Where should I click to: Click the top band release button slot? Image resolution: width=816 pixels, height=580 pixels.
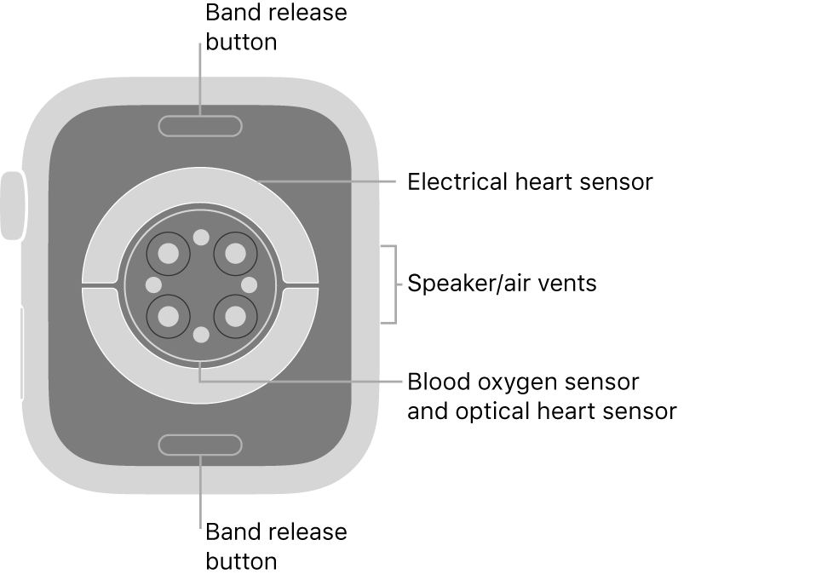200,126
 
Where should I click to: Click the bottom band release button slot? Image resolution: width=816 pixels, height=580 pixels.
200,445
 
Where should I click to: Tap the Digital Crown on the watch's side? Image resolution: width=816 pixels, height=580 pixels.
13,205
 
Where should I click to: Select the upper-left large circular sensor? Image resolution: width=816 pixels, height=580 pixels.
169,252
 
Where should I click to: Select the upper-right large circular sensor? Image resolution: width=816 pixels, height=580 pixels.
234,252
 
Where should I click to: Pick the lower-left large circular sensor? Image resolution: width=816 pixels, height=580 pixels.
169,317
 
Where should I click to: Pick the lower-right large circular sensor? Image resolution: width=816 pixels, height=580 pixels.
234,317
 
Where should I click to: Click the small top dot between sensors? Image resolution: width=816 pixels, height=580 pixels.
201,237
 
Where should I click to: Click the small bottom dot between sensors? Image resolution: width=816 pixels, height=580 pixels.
201,335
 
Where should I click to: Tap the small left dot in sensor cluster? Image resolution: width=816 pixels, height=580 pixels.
153,284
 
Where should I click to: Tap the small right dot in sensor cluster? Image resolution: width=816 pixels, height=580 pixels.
250,284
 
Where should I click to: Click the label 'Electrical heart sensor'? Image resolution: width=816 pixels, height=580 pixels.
530,182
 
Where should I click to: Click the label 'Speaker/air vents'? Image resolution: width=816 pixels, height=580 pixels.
502,284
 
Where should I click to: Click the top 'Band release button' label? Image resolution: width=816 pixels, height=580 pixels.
276,27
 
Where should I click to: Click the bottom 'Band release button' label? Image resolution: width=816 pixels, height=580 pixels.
276,546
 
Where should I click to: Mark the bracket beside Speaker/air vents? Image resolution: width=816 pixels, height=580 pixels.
393,284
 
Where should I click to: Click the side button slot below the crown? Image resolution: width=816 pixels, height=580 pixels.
20,353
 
